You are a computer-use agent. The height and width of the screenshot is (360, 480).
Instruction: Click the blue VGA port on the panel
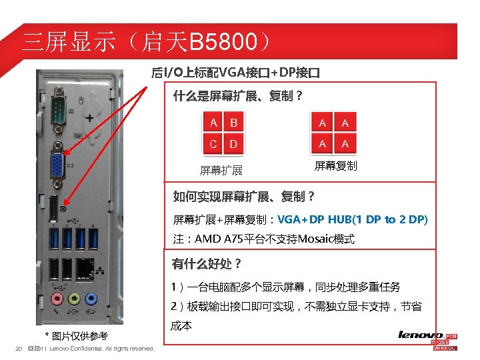pos(59,164)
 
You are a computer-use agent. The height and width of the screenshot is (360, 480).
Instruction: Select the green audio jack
pos(73,298)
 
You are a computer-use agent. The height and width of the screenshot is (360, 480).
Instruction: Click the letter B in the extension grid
pos(233,123)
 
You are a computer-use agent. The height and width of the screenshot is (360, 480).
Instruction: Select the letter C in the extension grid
pos(213,143)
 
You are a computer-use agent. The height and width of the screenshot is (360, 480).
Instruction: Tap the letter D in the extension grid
pos(233,143)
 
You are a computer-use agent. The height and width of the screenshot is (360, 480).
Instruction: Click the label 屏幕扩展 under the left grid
pos(221,171)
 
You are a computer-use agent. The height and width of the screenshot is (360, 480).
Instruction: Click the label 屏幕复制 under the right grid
pos(335,165)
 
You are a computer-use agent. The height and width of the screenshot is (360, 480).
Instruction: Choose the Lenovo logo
pos(421,335)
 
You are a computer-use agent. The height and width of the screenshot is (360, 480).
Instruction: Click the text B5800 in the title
pos(222,43)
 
